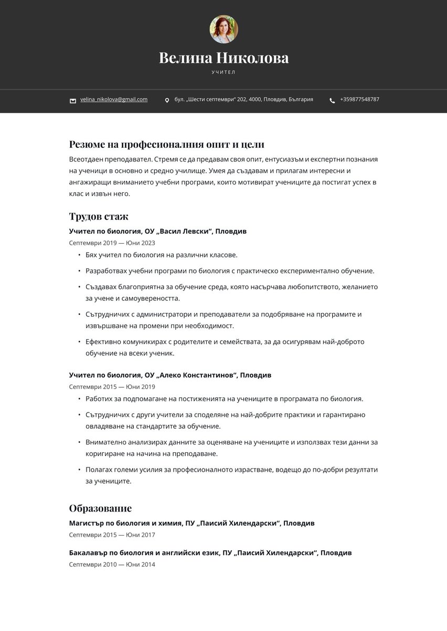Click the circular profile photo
pos(223,29)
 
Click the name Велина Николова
pos(223,58)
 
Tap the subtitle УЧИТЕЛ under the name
pos(223,72)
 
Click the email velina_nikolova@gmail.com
pos(114,99)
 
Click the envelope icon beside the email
pos(73,100)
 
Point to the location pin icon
pos(167,100)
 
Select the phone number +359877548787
pos(359,99)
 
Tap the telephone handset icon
pos(332,100)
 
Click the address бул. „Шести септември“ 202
pos(243,99)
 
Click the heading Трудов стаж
pos(99,216)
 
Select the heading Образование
pos(100,508)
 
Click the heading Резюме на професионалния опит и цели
pos(166,144)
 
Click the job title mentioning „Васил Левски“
pos(157,231)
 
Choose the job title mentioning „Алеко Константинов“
pos(170,375)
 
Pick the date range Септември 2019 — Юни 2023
pos(112,243)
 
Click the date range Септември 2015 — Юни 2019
pos(112,387)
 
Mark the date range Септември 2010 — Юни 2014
pos(112,564)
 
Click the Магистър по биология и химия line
pos(191,523)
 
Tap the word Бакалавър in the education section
pos(87,552)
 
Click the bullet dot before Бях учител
pos(79,255)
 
